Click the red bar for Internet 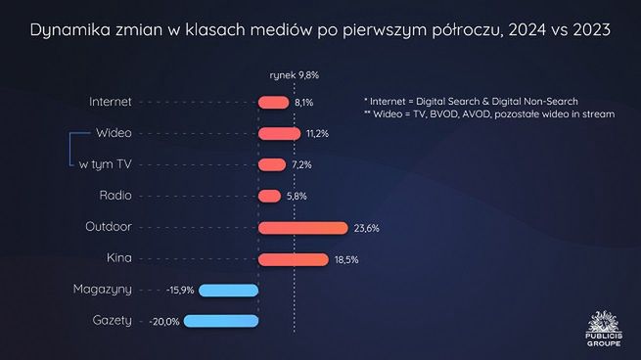coord(273,102)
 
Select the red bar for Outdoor coord(302,228)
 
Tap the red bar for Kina coord(293,259)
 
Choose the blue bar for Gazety coord(220,321)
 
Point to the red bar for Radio coord(269,196)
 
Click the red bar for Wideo coord(279,133)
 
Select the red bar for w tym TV coord(272,164)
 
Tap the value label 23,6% coord(366,228)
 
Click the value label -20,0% coord(164,322)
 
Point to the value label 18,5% coord(346,259)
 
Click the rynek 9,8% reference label coord(294,74)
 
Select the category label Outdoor coord(109,227)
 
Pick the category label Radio coord(115,196)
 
